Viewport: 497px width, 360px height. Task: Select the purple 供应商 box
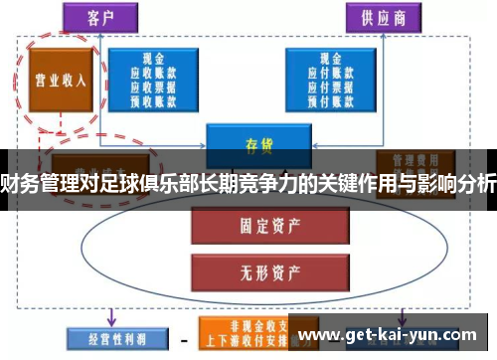[383, 17]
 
